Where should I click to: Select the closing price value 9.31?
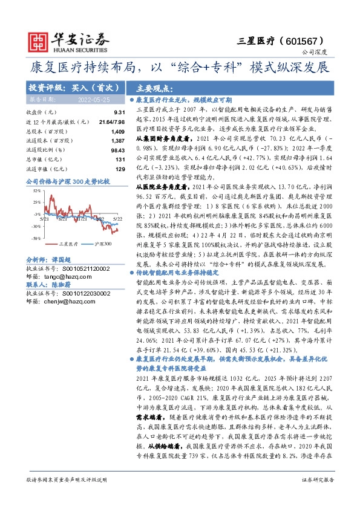[119, 112]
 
